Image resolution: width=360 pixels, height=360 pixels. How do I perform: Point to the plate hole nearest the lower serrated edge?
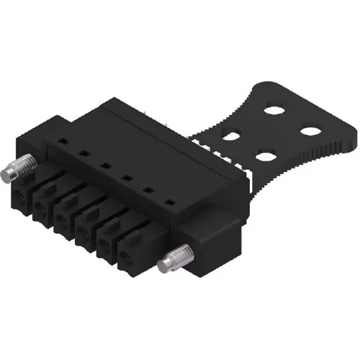click(x=266, y=156)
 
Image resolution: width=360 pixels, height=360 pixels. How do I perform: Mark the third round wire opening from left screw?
click(x=63, y=219)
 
